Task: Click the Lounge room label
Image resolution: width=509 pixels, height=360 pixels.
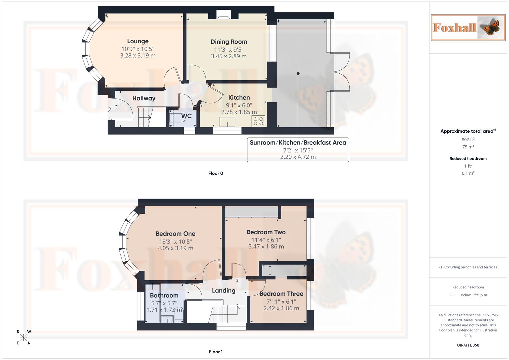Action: click(x=138, y=41)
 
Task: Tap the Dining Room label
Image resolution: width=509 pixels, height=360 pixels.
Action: click(x=229, y=42)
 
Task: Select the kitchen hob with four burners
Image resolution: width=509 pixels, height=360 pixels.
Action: click(x=259, y=121)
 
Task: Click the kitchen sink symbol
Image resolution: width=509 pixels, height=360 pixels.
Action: click(x=227, y=122)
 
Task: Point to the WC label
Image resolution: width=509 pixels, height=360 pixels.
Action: click(x=186, y=116)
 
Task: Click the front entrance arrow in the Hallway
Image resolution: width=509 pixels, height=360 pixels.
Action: click(x=109, y=109)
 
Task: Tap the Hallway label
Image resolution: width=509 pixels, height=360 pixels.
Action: click(x=144, y=98)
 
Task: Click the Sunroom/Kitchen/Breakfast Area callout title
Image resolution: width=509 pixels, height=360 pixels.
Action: click(x=298, y=143)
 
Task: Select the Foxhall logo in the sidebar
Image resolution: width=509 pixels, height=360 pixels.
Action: click(x=468, y=27)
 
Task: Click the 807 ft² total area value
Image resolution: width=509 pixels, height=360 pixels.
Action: click(x=468, y=140)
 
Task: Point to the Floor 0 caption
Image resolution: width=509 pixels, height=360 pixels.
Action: click(x=216, y=173)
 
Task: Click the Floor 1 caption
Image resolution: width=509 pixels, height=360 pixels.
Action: click(x=216, y=352)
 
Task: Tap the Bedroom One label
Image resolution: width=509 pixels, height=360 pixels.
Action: click(x=175, y=234)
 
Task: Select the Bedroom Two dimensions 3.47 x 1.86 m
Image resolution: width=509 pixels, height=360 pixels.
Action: click(x=266, y=247)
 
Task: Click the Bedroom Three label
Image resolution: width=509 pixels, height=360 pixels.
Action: click(x=281, y=294)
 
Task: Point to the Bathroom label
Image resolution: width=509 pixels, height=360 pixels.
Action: click(x=164, y=295)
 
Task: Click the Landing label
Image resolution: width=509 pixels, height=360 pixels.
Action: click(x=224, y=291)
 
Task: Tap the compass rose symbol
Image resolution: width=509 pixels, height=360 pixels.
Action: click(x=23, y=337)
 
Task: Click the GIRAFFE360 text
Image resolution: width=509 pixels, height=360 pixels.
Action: click(x=468, y=345)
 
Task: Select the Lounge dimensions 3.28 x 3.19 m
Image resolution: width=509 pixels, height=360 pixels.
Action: click(x=138, y=56)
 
